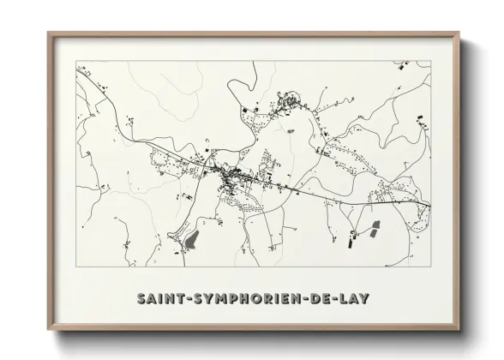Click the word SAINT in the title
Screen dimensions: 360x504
tap(162, 297)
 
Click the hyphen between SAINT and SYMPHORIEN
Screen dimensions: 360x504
tap(190, 298)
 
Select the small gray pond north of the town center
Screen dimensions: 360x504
tap(291, 131)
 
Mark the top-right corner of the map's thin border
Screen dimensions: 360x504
tap(431, 66)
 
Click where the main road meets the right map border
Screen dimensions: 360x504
tap(431, 205)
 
